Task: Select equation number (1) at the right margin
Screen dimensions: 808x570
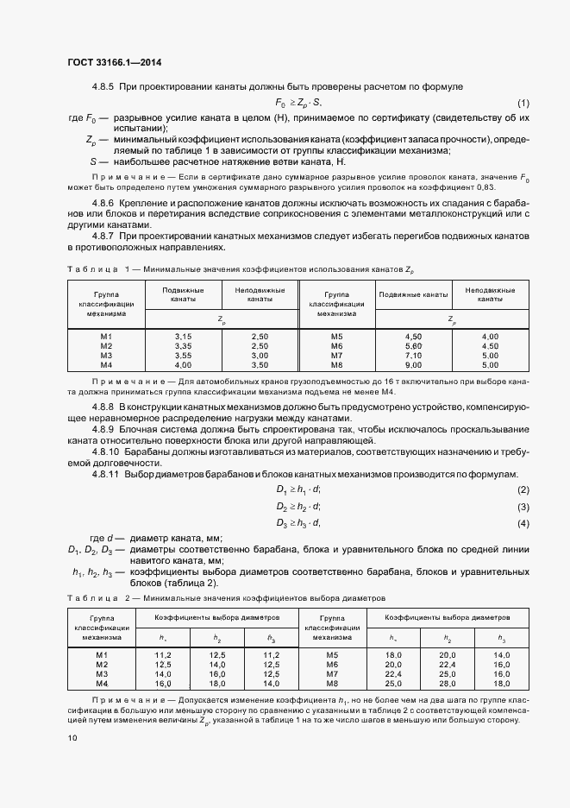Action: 523,102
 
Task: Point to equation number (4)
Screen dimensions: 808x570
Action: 523,524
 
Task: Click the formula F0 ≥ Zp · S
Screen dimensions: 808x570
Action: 298,102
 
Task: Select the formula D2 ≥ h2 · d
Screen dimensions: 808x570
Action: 298,507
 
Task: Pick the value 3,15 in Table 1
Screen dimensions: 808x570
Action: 183,335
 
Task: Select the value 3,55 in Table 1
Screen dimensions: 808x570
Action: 183,355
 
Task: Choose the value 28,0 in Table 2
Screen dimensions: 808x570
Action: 448,684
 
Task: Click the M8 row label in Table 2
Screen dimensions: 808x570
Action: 333,684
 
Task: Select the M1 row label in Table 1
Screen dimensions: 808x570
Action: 106,335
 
